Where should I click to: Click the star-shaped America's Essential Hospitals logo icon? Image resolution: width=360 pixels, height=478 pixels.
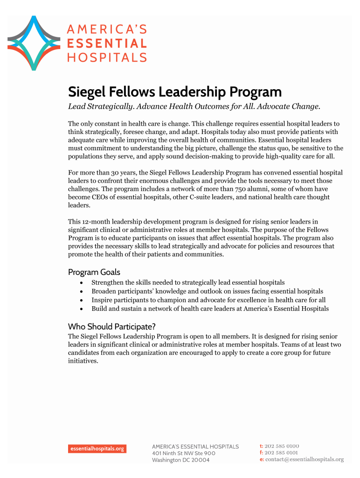[x=33, y=43]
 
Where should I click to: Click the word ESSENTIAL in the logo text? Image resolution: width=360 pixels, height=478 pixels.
[x=107, y=44]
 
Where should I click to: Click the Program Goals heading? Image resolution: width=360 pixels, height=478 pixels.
[x=94, y=272]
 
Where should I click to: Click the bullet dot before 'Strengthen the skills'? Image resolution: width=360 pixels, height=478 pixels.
[x=82, y=283]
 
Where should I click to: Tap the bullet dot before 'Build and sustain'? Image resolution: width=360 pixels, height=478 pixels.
[x=82, y=309]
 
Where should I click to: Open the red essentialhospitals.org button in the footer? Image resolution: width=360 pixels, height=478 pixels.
[x=97, y=449]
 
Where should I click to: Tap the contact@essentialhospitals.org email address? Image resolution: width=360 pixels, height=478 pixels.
[x=305, y=459]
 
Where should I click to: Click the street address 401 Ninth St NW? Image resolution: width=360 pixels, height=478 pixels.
[x=172, y=453]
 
